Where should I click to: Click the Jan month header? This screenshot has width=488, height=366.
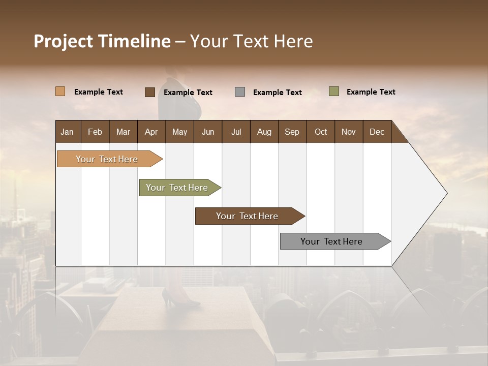[x=68, y=132]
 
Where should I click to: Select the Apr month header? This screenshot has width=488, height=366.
[x=151, y=132]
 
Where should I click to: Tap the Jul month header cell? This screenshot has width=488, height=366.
[x=236, y=132]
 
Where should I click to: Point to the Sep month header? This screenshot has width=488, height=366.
[x=292, y=132]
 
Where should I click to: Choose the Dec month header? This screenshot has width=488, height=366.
[x=377, y=132]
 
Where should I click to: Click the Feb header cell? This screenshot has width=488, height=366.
[x=95, y=132]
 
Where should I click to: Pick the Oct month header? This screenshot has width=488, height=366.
[x=321, y=132]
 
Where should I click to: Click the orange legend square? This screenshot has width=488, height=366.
[x=60, y=91]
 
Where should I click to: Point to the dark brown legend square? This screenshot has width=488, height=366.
[x=149, y=92]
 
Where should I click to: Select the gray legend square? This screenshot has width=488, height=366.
[x=240, y=92]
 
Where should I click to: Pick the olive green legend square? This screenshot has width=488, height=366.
[x=334, y=91]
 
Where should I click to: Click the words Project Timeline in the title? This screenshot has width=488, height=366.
[x=102, y=41]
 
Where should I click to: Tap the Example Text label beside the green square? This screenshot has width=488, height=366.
[x=371, y=92]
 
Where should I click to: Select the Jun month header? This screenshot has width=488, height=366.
[x=208, y=132]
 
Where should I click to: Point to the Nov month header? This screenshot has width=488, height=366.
[x=349, y=132]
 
